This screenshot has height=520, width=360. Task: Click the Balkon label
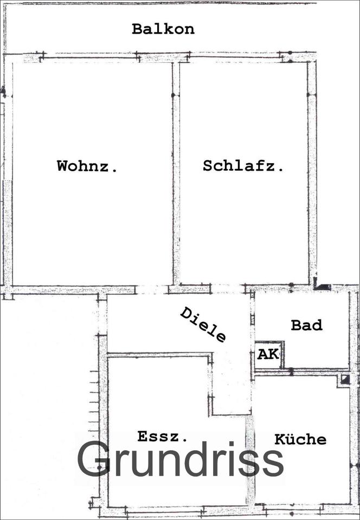pyautogui.click(x=163, y=29)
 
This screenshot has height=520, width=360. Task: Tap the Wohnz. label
pyautogui.click(x=87, y=166)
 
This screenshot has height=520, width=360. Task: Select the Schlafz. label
pyautogui.click(x=243, y=166)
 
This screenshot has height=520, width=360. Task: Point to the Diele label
pyautogui.click(x=203, y=324)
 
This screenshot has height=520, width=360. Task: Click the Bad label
pyautogui.click(x=306, y=325)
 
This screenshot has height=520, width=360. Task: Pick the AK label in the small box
pyautogui.click(x=268, y=355)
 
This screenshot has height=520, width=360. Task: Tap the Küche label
pyautogui.click(x=300, y=439)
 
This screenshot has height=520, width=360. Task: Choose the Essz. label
pyautogui.click(x=163, y=436)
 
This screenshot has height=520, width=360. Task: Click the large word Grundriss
pyautogui.click(x=180, y=460)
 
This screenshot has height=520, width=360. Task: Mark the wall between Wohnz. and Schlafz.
pyautogui.click(x=176, y=173)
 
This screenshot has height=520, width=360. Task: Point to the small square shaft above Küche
pyautogui.click(x=344, y=380)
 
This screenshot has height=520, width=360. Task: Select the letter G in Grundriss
pyautogui.click(x=94, y=460)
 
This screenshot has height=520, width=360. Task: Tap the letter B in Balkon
pyautogui.click(x=137, y=29)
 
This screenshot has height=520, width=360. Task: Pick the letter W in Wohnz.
pyautogui.click(x=63, y=166)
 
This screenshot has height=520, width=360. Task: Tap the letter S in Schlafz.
pyautogui.click(x=208, y=166)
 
